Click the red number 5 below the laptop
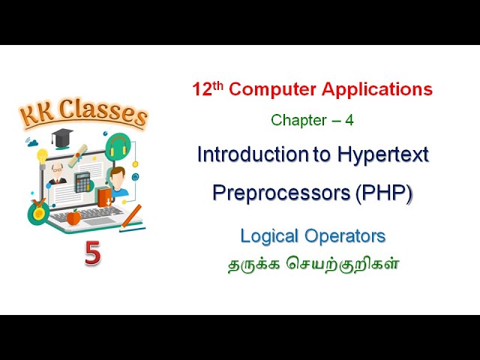[92, 253]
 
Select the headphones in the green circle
[119, 145]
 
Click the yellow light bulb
[42, 156]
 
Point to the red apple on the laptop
[73, 217]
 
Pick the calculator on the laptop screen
[82, 182]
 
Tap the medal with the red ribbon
[39, 211]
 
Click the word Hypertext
[380, 154]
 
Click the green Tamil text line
[312, 264]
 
